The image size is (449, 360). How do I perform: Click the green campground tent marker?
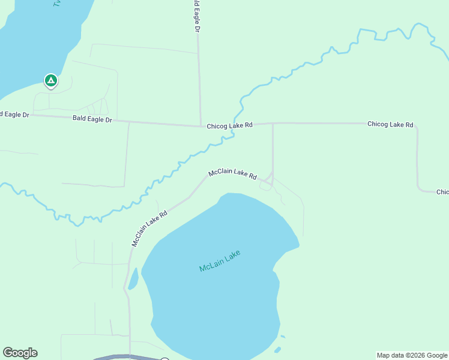click(x=51, y=80)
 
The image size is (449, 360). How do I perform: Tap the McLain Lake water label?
click(x=220, y=261)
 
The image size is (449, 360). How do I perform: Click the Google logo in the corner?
click(x=20, y=353)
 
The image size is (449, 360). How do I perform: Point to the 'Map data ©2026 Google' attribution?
click(x=412, y=355)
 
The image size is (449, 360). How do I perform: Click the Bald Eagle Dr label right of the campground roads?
click(x=92, y=119)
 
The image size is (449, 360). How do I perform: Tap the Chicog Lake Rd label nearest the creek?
click(x=230, y=125)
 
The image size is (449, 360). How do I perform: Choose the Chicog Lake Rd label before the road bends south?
click(x=390, y=124)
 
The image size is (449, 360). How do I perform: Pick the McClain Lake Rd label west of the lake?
click(x=149, y=229)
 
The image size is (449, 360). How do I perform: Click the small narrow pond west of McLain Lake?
click(x=133, y=278)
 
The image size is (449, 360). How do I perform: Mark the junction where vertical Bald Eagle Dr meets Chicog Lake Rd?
click(x=200, y=126)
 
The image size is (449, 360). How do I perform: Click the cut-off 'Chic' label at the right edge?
click(x=442, y=192)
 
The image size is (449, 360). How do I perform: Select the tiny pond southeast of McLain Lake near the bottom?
click(x=277, y=350)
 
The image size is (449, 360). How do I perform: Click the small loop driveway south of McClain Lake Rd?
click(x=265, y=187)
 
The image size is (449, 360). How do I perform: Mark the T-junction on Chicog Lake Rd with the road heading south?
click(x=273, y=124)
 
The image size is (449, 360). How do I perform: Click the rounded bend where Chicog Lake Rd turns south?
click(x=415, y=128)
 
